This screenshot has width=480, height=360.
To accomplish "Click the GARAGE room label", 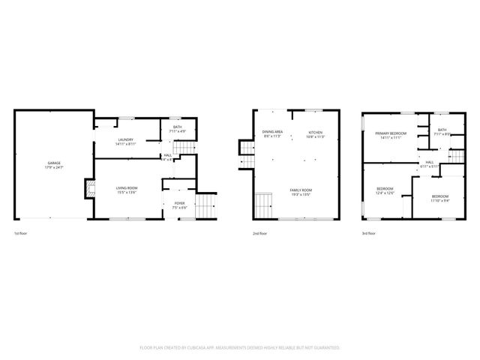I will click(54, 163).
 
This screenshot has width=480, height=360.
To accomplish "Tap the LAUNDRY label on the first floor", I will click(126, 140).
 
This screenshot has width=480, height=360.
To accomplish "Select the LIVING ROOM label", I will click(126, 188).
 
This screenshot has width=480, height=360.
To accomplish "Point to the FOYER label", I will click(180, 203).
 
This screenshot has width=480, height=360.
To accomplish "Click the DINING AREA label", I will click(272, 132).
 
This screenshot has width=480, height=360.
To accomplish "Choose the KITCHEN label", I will click(315, 133).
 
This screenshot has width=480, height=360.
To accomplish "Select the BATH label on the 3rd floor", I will click(442, 130).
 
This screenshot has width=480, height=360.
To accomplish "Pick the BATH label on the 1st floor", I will click(178, 127).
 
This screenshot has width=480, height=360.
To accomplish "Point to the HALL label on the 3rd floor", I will click(430, 161).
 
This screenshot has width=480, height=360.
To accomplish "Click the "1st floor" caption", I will click(21, 233).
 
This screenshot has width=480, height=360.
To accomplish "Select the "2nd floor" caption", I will click(260, 233).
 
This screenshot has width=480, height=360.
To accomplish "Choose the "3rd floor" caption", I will click(368, 233).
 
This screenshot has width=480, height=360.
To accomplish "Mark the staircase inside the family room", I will click(262, 202).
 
